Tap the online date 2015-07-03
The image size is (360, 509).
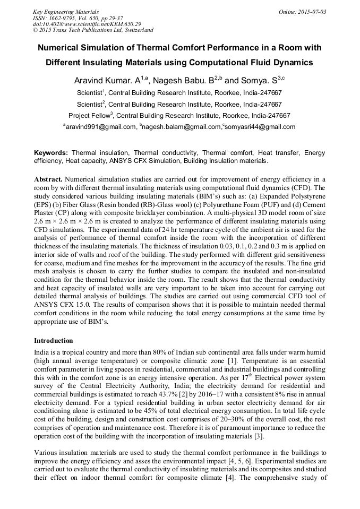pyautogui.click(x=310, y=11)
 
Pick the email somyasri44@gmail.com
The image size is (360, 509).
pyautogui.click(x=260, y=127)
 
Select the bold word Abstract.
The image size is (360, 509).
pyautogui.click(x=48, y=179)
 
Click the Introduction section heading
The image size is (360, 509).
pyautogui.click(x=54, y=340)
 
